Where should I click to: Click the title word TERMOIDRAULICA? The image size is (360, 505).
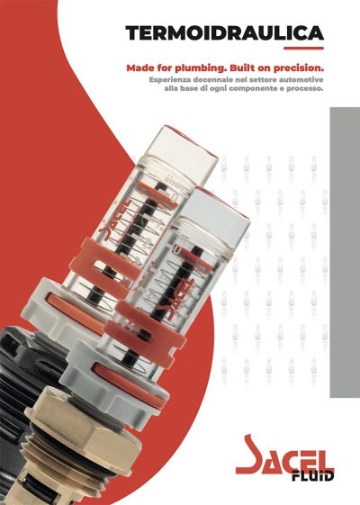[x=224, y=32]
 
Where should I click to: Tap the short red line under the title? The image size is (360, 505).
[x=303, y=49]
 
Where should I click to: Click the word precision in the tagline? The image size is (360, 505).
[x=299, y=68]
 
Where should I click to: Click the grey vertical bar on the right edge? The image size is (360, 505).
[x=345, y=252]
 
